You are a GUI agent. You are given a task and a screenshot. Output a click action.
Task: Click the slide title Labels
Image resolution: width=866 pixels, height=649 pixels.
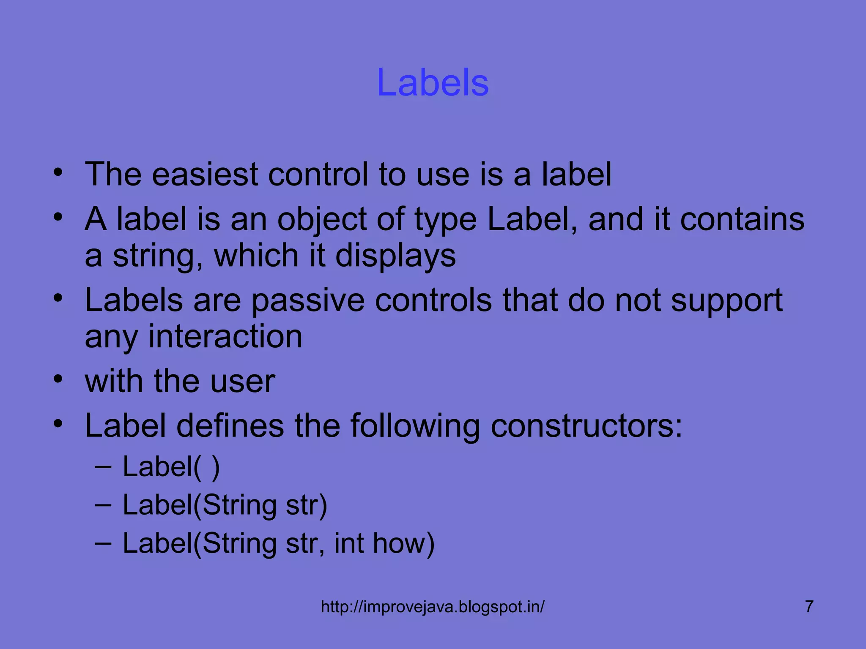pyautogui.click(x=433, y=82)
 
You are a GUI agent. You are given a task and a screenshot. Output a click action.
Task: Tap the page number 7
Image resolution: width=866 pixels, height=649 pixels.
pyautogui.click(x=809, y=606)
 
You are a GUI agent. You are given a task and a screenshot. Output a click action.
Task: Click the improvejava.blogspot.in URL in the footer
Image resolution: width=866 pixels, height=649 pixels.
pyautogui.click(x=433, y=607)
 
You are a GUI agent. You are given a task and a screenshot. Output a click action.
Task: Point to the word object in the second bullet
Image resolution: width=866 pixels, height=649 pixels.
pyautogui.click(x=321, y=220)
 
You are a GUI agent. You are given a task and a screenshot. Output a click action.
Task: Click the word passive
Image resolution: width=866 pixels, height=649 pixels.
pyautogui.click(x=308, y=301)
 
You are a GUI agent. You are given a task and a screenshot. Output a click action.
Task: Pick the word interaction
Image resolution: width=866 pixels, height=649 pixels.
pyautogui.click(x=225, y=337)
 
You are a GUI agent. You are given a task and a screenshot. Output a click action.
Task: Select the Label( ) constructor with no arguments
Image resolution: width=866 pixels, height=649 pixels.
pyautogui.click(x=171, y=467)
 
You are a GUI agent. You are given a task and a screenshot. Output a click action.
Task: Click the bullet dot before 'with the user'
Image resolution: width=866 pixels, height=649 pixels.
pyautogui.click(x=58, y=379)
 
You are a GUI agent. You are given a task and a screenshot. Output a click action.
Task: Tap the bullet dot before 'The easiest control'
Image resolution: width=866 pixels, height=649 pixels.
pyautogui.click(x=58, y=172)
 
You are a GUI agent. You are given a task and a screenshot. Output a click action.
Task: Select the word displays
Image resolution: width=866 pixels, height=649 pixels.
pyautogui.click(x=395, y=256)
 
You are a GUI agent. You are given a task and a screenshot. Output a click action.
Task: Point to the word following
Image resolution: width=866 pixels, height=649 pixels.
pyautogui.click(x=415, y=426)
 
